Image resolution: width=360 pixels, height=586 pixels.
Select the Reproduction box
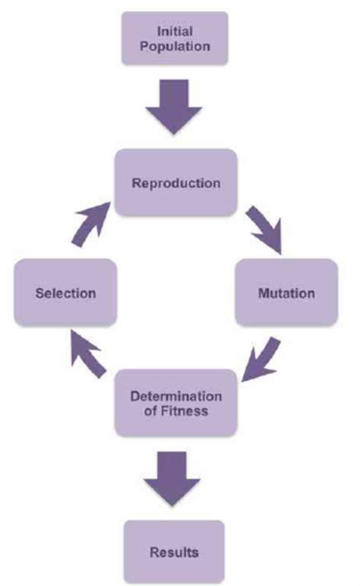point(175,183)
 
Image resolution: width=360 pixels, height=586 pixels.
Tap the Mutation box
point(286,293)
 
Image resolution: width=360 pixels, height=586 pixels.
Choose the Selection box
point(65,293)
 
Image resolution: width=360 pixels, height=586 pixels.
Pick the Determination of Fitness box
point(175,403)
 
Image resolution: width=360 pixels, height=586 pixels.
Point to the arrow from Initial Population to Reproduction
point(175,104)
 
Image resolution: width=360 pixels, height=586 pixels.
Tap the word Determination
point(175,395)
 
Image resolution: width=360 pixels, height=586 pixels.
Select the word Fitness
point(187,411)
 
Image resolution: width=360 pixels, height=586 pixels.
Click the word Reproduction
point(175,183)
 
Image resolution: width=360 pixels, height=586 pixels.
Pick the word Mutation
point(286,293)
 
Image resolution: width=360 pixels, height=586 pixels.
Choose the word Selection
point(65,293)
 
